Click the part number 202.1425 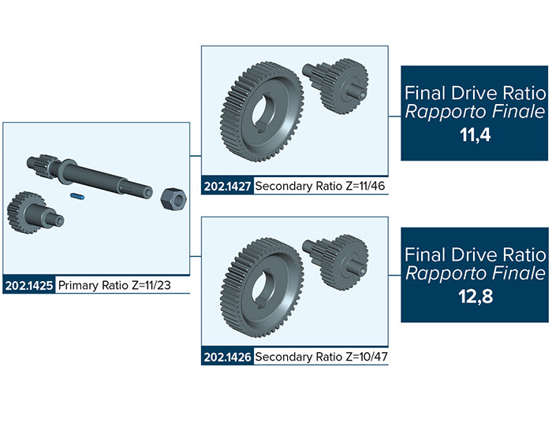(x=29, y=285)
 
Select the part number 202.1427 (x=227, y=186)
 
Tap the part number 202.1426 (x=227, y=357)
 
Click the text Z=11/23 (x=151, y=285)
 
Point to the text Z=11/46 (x=365, y=186)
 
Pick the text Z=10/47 (x=367, y=357)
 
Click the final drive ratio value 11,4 (x=475, y=135)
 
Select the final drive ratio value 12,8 (x=476, y=296)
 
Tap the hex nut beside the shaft (x=173, y=199)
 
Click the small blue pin (x=77, y=196)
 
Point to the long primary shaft (x=89, y=175)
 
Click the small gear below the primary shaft (x=35, y=213)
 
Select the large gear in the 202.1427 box (x=262, y=112)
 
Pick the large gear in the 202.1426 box (x=262, y=287)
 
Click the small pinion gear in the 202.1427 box (x=335, y=86)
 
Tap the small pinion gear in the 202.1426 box (x=335, y=261)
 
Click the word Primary (x=79, y=286)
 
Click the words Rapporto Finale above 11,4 (x=475, y=112)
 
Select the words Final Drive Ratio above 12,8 (x=475, y=254)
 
